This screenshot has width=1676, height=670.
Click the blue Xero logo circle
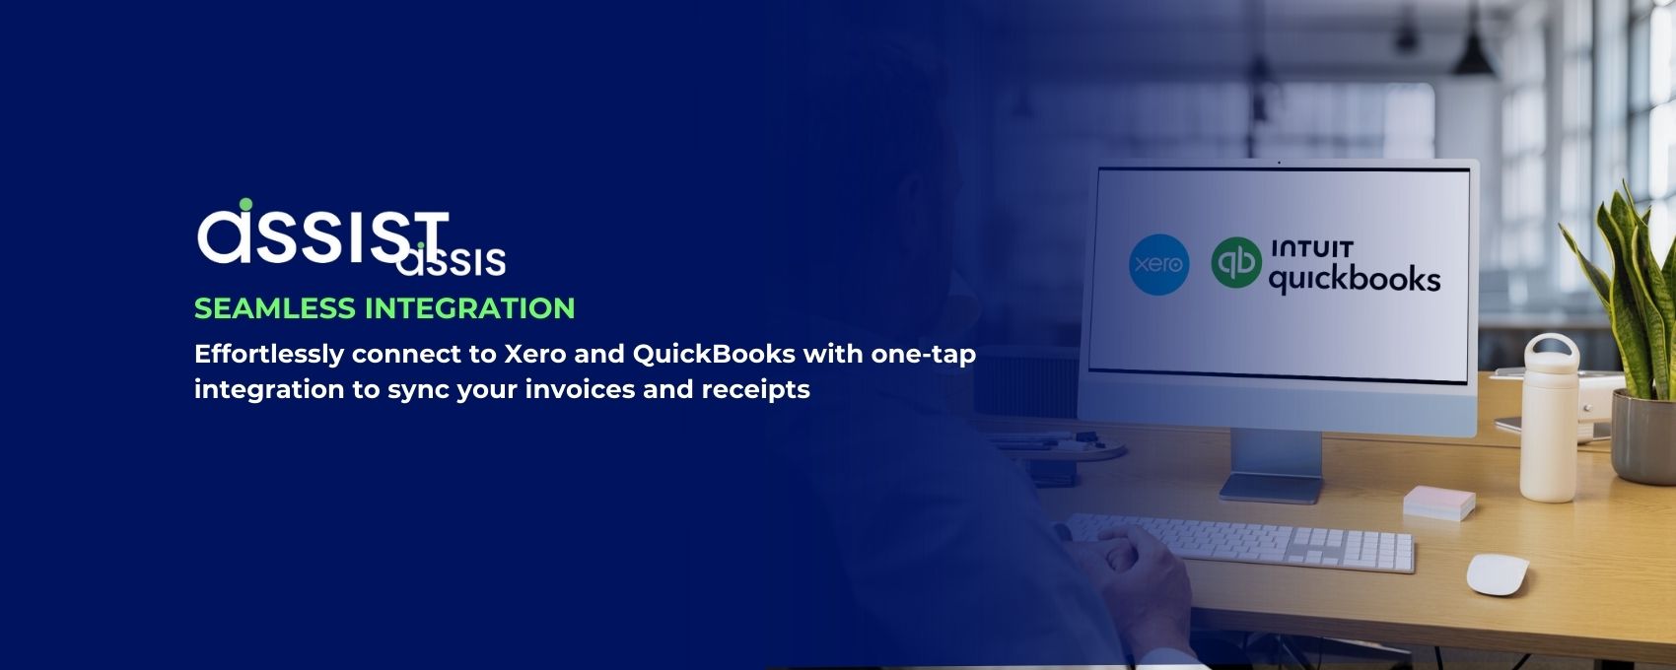(1158, 265)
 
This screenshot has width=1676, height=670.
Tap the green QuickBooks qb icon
(1236, 262)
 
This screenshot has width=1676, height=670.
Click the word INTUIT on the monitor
(1311, 249)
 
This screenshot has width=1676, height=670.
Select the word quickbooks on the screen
(1355, 279)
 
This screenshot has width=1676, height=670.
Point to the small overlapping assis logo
(452, 259)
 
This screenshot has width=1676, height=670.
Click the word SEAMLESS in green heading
(275, 308)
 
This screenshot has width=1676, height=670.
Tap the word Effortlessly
(268, 355)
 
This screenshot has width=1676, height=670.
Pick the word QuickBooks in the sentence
(714, 354)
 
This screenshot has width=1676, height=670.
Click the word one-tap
(924, 355)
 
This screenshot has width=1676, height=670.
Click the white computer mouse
(1498, 574)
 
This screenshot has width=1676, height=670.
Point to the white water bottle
(1549, 419)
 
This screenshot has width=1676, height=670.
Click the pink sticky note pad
(1438, 502)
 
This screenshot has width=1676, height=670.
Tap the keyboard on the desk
(1237, 543)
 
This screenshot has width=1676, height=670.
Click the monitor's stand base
(1271, 488)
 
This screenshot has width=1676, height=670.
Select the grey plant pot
(1643, 437)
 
